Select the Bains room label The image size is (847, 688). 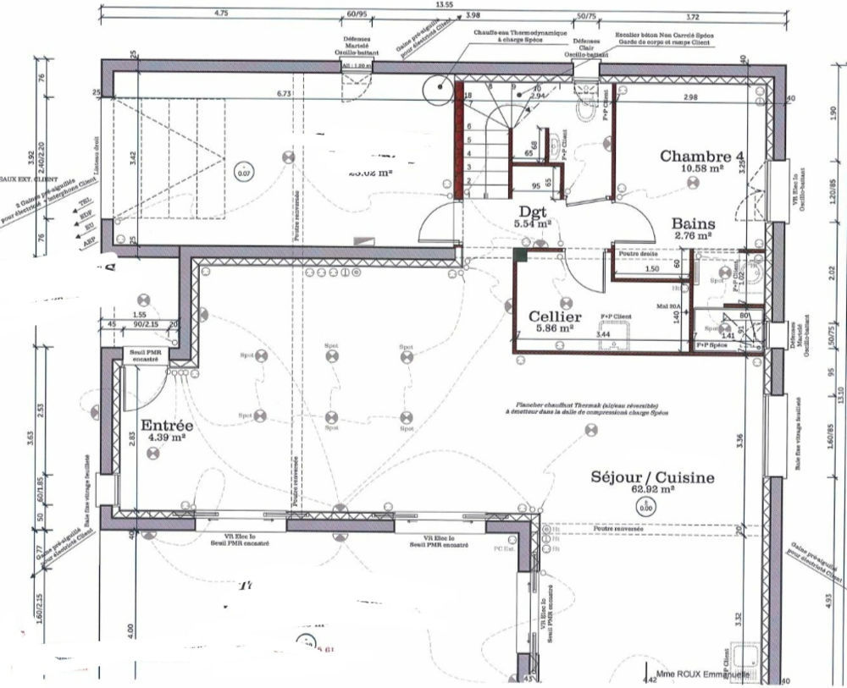pyautogui.click(x=695, y=224)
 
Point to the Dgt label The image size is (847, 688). pyautogui.click(x=533, y=210)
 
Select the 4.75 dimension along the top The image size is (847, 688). pyautogui.click(x=222, y=14)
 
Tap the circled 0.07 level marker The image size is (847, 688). pyautogui.click(x=244, y=173)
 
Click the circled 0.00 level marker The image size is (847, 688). pyautogui.click(x=646, y=508)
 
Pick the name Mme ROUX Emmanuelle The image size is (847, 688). pyautogui.click(x=702, y=675)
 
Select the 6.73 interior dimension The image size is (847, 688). pyautogui.click(x=284, y=94)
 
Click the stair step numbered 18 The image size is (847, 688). pyautogui.click(x=468, y=96)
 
